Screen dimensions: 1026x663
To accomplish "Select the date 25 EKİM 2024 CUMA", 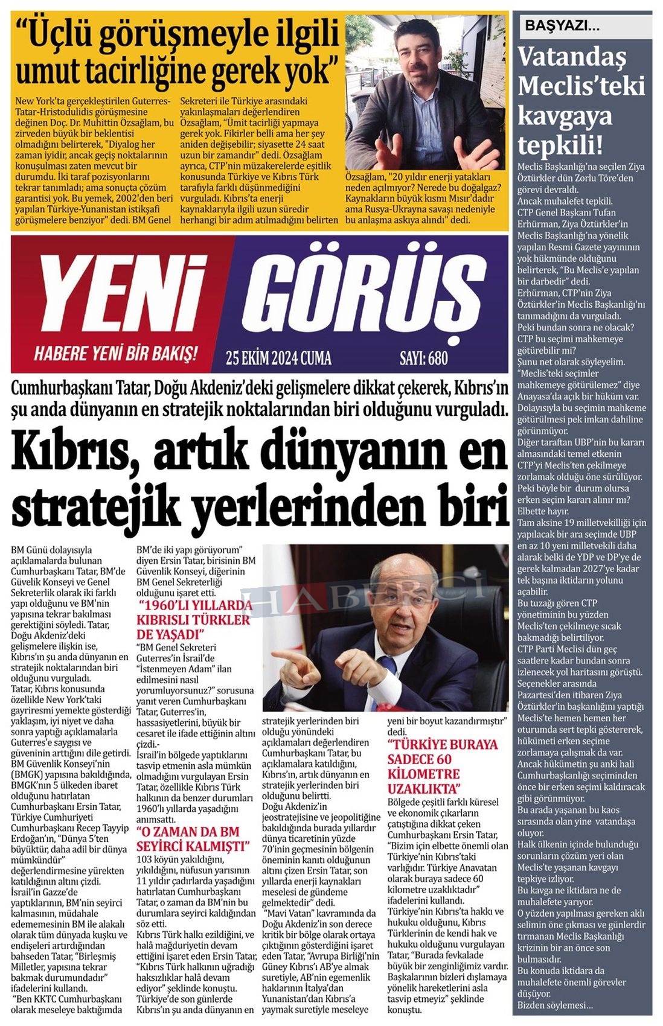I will (278, 358).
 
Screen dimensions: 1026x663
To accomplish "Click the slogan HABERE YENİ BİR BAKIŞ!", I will (115, 353).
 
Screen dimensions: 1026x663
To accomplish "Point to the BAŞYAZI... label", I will (562, 26).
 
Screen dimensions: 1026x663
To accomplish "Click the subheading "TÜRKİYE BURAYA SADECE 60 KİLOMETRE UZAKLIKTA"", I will (443, 766).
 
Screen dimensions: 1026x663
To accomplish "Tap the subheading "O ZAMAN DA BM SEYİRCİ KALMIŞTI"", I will (192, 839).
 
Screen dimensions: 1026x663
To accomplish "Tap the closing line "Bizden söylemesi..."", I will (555, 1005).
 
